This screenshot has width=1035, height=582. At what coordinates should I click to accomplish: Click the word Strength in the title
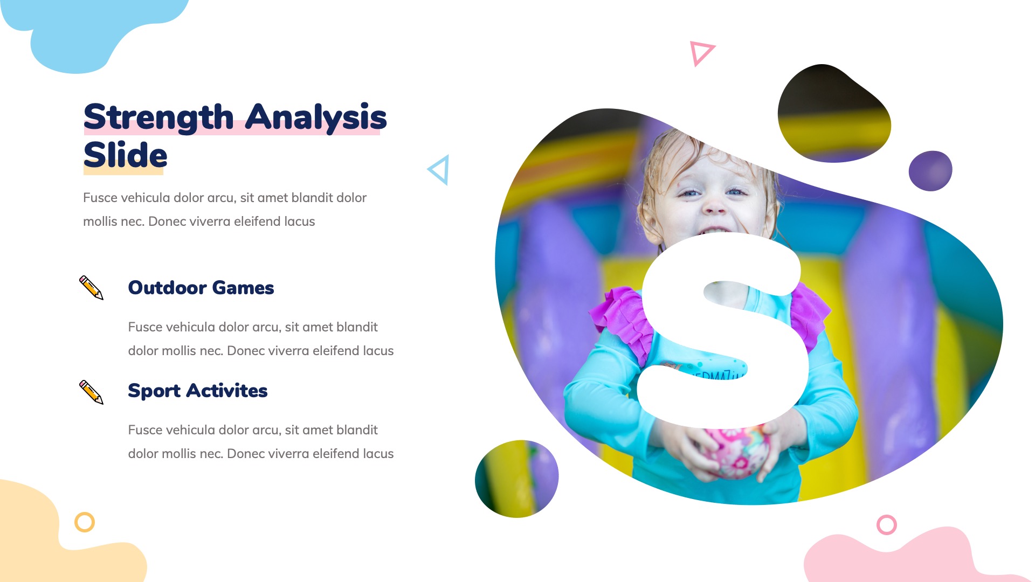[x=158, y=117]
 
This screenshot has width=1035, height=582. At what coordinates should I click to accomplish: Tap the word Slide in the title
[x=126, y=155]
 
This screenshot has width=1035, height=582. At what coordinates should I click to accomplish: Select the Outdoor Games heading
[x=201, y=288]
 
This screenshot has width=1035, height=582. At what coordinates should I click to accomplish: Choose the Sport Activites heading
[x=197, y=391]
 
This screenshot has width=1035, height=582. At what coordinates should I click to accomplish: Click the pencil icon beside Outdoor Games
[x=91, y=288]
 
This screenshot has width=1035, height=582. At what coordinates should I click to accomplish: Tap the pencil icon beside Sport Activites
[x=91, y=392]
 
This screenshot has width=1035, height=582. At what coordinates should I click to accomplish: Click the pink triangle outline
[x=701, y=53]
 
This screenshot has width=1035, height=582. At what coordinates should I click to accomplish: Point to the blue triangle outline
[x=439, y=170]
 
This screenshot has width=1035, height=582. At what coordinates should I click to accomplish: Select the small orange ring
[x=85, y=522]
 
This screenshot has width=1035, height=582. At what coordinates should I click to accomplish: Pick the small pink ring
[x=887, y=524]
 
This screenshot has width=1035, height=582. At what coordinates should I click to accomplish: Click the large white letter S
[x=722, y=329]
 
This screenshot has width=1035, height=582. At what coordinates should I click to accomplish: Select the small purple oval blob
[x=930, y=171]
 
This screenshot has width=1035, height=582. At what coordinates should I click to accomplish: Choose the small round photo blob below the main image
[x=516, y=479]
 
